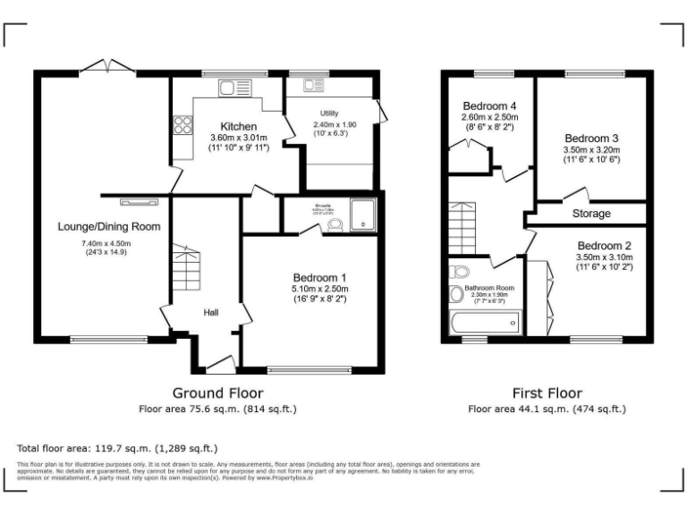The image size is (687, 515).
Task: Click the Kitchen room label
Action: (239, 126)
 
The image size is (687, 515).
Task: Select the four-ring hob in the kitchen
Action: (182, 124)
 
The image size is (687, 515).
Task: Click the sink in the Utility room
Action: (315, 86)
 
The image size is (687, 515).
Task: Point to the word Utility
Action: (329, 114)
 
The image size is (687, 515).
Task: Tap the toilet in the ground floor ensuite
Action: (335, 224)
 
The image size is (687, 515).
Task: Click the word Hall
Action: (211, 312)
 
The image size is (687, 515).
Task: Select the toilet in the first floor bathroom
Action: (461, 272)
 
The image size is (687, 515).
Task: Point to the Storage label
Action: (591, 215)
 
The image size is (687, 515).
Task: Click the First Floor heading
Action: (547, 393)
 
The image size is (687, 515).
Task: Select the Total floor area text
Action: (116, 448)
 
